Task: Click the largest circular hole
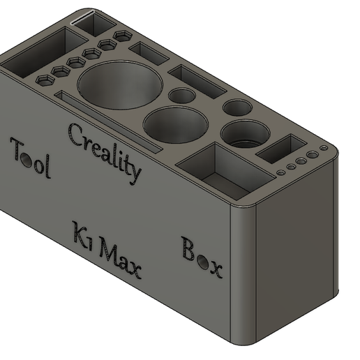(119, 86)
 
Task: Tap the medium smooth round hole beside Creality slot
(176, 124)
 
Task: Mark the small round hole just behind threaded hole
(237, 107)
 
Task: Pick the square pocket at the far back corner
(93, 24)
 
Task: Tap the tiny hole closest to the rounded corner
(324, 149)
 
